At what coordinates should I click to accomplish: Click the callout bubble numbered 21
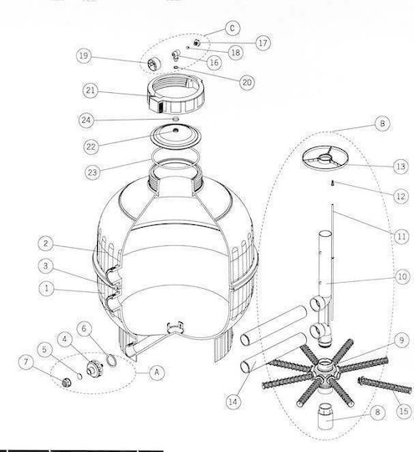90,90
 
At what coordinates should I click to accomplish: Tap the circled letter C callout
232,28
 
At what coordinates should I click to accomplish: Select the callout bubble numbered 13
401,167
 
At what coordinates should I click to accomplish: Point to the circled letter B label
382,124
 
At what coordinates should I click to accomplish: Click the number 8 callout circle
377,412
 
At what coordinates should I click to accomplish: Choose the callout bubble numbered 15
404,411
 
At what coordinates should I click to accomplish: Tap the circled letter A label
156,372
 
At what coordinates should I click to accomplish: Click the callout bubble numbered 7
26,362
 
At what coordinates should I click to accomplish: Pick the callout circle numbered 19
84,55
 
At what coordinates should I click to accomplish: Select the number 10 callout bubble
402,277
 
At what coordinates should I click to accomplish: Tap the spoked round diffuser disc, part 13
325,158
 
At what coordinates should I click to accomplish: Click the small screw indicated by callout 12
332,182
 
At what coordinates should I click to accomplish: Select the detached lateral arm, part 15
385,385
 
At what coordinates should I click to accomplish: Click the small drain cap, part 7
67,383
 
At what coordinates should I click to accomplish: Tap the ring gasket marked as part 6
111,361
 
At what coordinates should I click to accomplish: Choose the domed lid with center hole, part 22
176,136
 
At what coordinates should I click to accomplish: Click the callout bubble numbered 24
86,120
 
